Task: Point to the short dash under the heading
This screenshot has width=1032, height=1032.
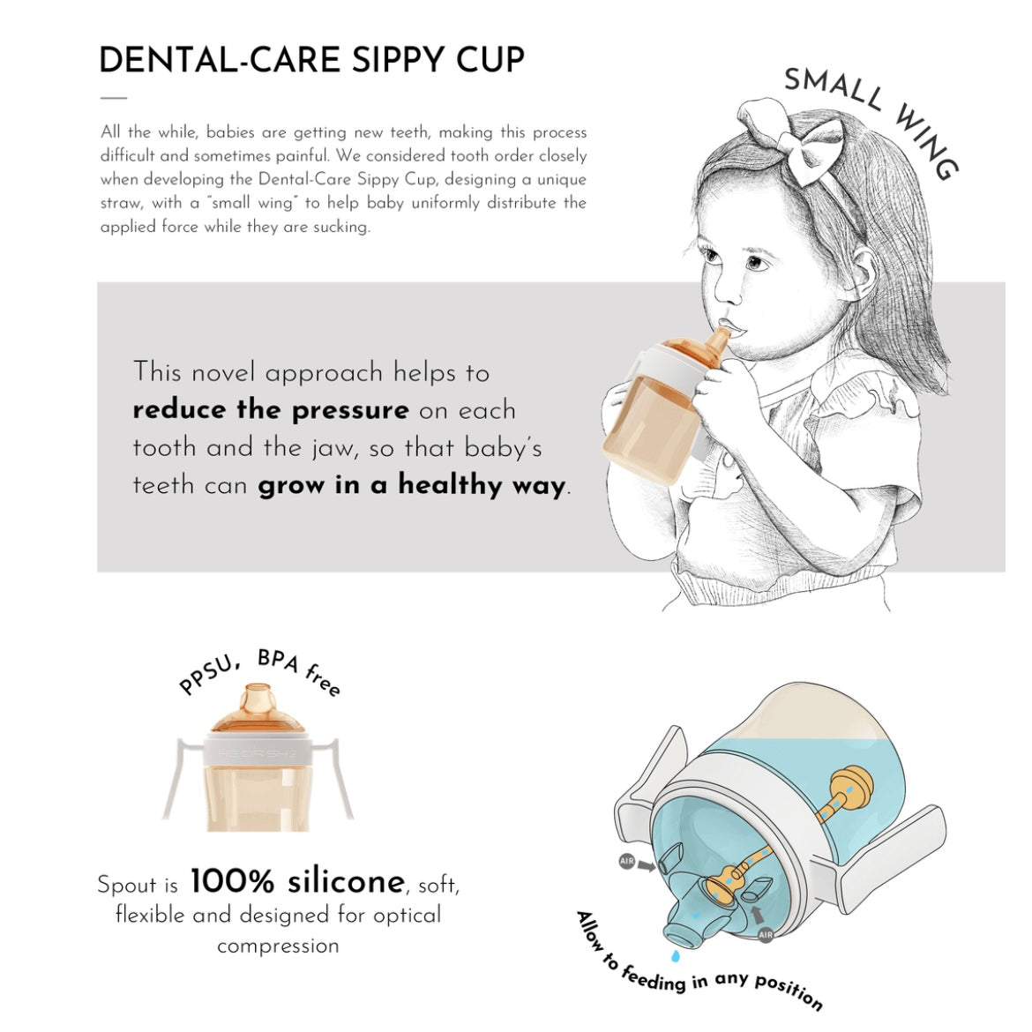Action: point(114,97)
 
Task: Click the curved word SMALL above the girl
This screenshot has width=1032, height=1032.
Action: point(834,88)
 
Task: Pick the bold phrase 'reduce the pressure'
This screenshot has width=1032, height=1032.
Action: point(271,410)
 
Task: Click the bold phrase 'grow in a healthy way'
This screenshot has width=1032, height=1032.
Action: point(412,485)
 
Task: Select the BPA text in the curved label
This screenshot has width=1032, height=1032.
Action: point(279,660)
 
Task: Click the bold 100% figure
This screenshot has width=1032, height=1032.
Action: point(232,880)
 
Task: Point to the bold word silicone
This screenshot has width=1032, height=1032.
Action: point(346,880)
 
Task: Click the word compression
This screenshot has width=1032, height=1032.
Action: point(279,946)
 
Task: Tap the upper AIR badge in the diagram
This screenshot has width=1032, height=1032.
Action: point(626,860)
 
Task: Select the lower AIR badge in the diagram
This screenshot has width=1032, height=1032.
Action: point(766,935)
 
